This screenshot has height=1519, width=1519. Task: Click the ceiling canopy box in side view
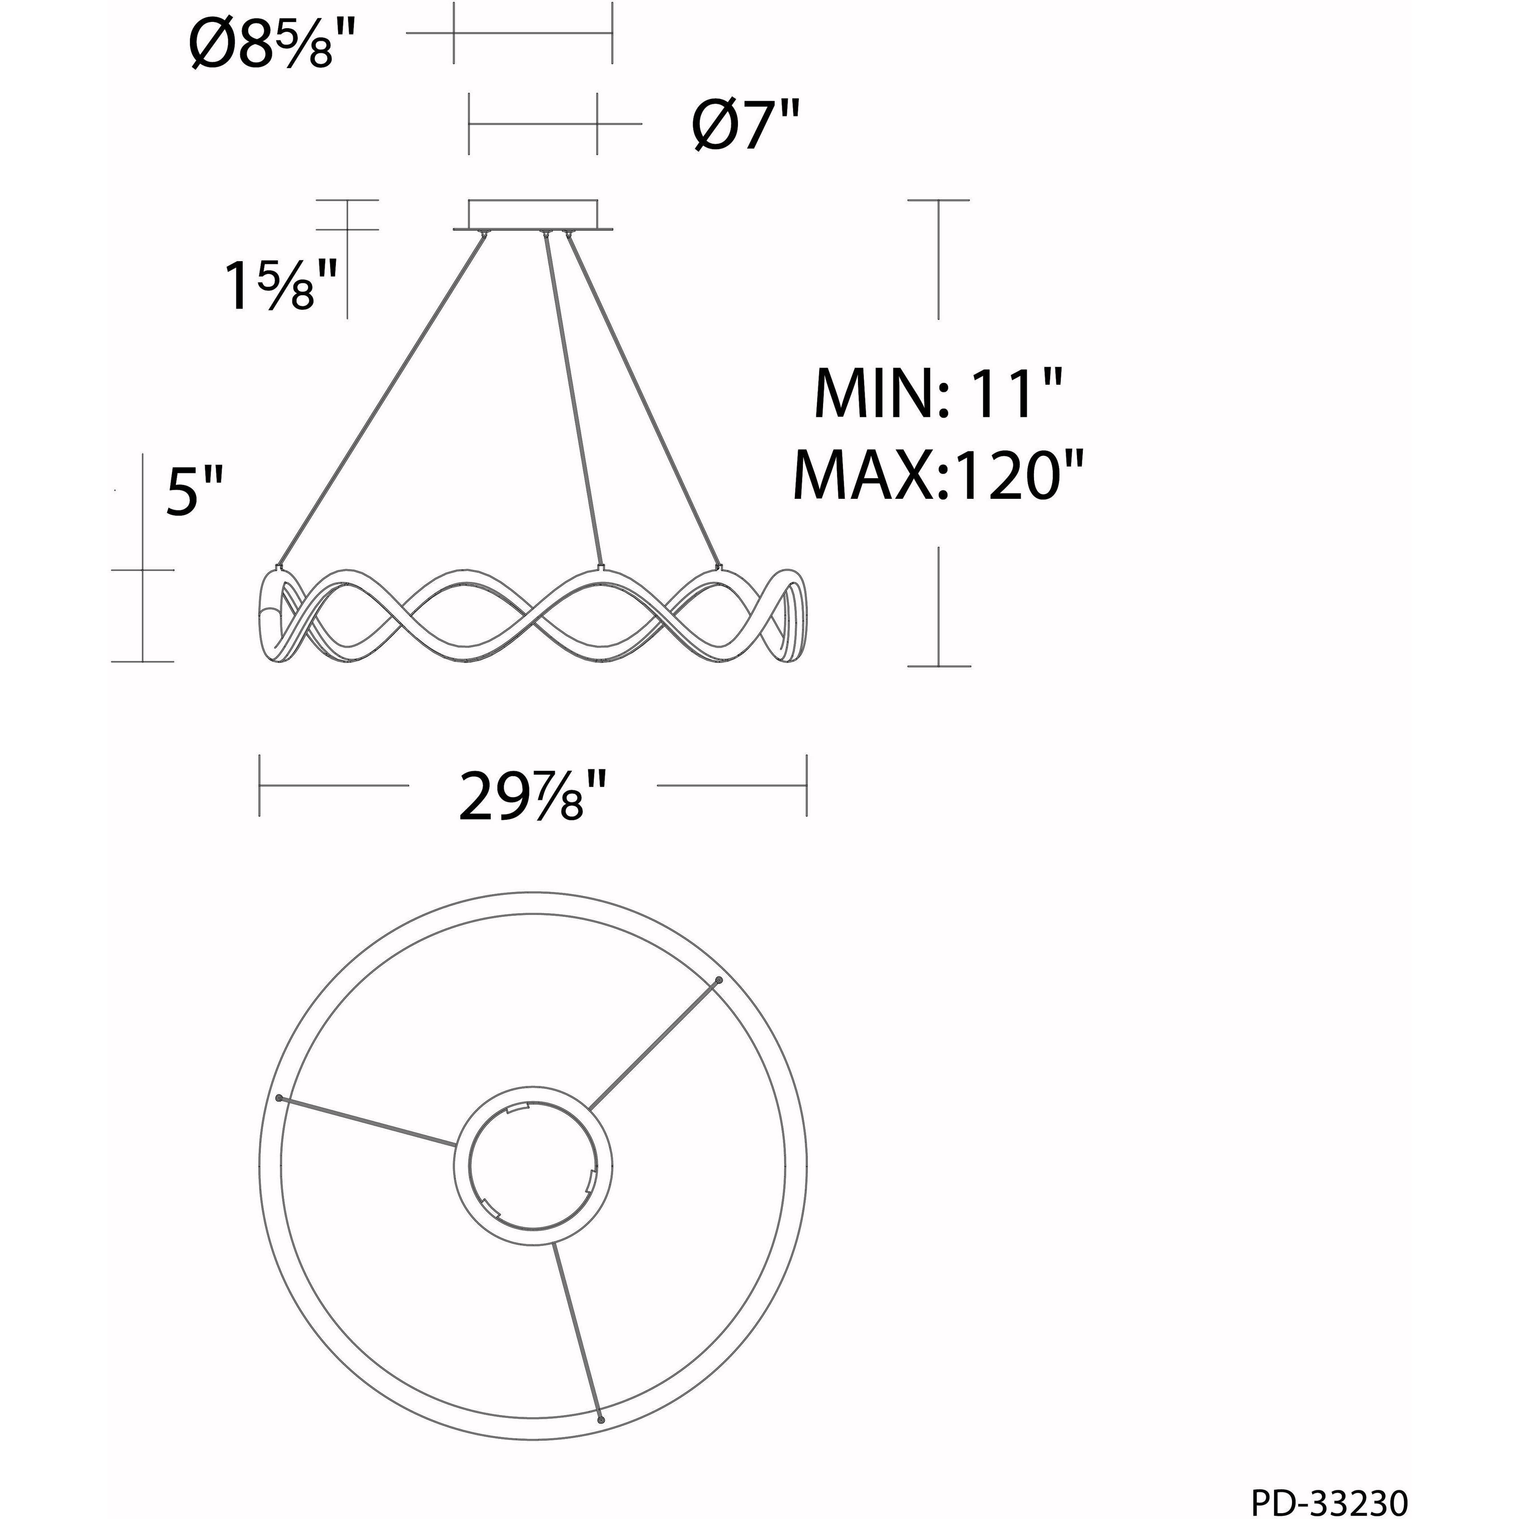[x=532, y=215]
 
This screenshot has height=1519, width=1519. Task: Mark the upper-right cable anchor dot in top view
[x=719, y=980]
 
